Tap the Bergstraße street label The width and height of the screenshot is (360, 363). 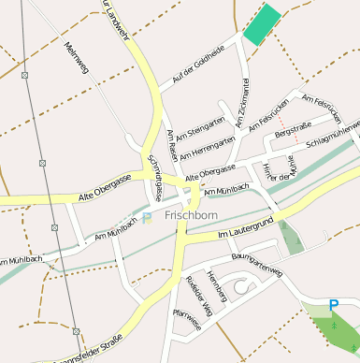pyautogui.click(x=293, y=130)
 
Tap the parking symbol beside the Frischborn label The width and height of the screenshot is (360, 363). pyautogui.click(x=147, y=218)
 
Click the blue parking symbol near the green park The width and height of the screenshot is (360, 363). pyautogui.click(x=334, y=304)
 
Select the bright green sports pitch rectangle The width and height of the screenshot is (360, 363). pyautogui.click(x=262, y=23)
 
